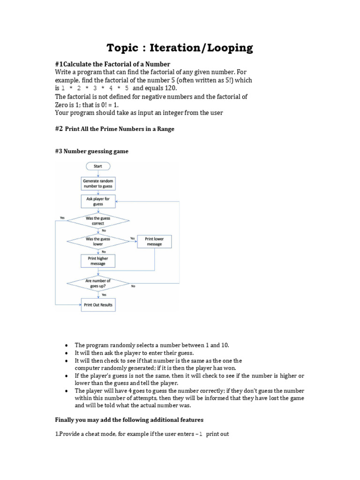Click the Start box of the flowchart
click(x=98, y=166)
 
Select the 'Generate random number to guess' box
click(x=98, y=183)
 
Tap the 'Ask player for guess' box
click(x=98, y=202)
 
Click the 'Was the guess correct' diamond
click(x=98, y=221)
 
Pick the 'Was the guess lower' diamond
click(x=98, y=241)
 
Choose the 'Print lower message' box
click(x=154, y=241)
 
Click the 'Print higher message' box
click(x=98, y=261)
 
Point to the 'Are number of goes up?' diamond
click(x=98, y=283)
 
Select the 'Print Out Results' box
click(x=98, y=305)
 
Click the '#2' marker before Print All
click(x=59, y=128)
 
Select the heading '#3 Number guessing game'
click(x=91, y=151)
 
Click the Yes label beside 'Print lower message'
click(x=132, y=238)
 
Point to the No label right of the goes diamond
click(x=133, y=286)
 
